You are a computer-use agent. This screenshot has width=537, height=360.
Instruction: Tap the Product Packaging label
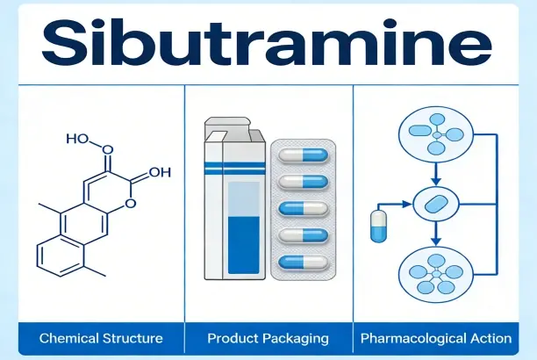coord(268,337)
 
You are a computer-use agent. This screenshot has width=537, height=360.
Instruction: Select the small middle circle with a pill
coord(435,204)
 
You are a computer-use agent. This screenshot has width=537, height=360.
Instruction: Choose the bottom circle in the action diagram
coord(435,274)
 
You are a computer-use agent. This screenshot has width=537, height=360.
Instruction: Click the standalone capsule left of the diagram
coord(377,227)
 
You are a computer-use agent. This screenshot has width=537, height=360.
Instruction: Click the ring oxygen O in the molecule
coord(129,204)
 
